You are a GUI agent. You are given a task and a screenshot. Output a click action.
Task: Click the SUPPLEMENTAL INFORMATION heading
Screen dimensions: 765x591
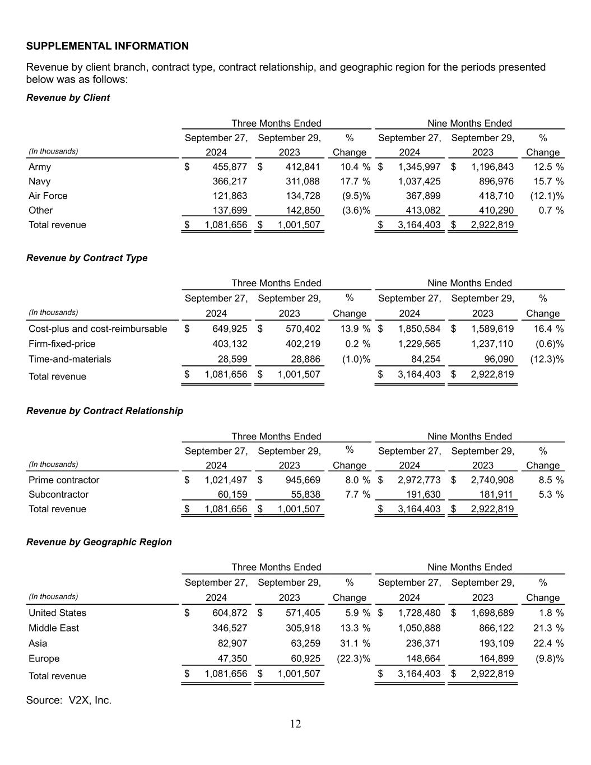[107, 46]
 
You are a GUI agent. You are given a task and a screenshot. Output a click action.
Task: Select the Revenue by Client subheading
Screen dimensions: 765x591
[68, 98]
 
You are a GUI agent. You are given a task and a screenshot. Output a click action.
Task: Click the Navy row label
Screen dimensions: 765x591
[39, 182]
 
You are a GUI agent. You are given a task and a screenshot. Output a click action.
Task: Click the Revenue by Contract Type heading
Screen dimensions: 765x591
[87, 258]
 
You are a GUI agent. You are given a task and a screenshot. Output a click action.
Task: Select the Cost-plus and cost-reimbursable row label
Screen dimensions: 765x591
[97, 329]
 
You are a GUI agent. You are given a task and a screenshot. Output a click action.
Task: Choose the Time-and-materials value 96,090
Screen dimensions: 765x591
[497, 359]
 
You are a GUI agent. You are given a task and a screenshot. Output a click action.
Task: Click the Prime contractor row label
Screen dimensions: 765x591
[64, 480]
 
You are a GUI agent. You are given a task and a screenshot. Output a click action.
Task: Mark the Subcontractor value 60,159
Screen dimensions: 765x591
[232, 495]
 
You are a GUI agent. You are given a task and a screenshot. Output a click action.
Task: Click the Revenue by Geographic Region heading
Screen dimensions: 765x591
[99, 542]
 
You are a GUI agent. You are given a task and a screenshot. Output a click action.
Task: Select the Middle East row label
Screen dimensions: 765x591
[54, 628]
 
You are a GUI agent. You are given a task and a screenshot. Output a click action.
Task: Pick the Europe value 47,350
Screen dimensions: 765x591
[232, 659]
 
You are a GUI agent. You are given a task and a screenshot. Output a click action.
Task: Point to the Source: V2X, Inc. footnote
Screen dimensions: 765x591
[68, 700]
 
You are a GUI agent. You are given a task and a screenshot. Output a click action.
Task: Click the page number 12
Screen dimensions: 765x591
[295, 724]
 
